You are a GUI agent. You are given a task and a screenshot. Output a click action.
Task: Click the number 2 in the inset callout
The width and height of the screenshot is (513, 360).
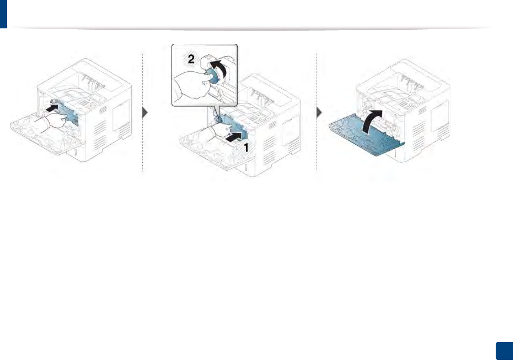pyautogui.click(x=191, y=59)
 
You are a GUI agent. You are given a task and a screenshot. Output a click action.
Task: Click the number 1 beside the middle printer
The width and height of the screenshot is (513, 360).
pyautogui.click(x=246, y=148)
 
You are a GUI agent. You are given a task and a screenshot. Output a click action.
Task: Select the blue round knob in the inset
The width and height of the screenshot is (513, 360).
pyautogui.click(x=213, y=76)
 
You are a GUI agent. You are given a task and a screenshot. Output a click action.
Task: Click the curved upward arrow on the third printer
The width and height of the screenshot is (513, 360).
pyautogui.click(x=372, y=121)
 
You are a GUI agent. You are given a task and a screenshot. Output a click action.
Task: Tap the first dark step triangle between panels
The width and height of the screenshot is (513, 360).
pyautogui.click(x=145, y=113)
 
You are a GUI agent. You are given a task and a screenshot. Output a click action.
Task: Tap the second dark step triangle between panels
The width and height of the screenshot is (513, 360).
pyautogui.click(x=319, y=113)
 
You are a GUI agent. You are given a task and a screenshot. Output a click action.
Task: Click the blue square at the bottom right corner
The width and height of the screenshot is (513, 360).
pyautogui.click(x=504, y=351)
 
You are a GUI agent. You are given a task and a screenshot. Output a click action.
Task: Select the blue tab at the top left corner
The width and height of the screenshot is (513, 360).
pyautogui.click(x=3, y=14)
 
